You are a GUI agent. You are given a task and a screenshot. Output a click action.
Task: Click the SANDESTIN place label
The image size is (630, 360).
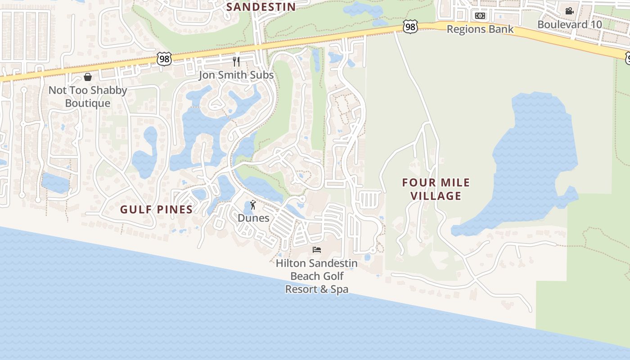[x=261, y=7]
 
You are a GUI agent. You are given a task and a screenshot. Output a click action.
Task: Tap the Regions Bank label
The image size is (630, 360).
[x=480, y=29]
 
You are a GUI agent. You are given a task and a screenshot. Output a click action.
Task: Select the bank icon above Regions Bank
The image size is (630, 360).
[x=480, y=16]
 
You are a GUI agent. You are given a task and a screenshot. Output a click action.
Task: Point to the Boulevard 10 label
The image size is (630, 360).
[x=570, y=24]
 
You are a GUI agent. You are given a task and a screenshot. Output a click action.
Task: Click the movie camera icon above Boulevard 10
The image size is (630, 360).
[x=569, y=11]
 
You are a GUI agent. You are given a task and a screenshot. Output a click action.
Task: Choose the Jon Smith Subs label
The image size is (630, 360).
[x=236, y=75]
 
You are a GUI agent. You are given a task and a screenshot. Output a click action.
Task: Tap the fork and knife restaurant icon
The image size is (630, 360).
[x=236, y=61]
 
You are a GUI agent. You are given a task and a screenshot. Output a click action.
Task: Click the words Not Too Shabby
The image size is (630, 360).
[x=88, y=90]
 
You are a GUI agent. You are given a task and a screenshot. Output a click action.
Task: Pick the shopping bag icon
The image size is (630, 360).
[x=88, y=77]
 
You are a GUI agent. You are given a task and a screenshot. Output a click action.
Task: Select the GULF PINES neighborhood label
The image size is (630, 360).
[x=157, y=209]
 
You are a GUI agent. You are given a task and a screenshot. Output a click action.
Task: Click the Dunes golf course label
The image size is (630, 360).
[x=253, y=218]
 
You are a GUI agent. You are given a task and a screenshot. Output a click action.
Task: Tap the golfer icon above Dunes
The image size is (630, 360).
[x=253, y=205]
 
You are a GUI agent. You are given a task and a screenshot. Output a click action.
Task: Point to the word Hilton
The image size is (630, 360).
[x=291, y=263]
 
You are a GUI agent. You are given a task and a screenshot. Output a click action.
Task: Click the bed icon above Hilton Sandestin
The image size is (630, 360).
[x=317, y=249]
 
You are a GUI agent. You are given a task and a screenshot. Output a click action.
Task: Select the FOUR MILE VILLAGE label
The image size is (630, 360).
[x=436, y=189]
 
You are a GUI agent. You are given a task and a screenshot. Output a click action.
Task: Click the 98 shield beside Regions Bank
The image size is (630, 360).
[x=410, y=27]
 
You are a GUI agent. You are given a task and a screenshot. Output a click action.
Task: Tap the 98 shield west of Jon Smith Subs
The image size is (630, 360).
[x=164, y=58]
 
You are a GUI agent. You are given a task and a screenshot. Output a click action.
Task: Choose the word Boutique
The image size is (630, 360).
[x=88, y=103]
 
